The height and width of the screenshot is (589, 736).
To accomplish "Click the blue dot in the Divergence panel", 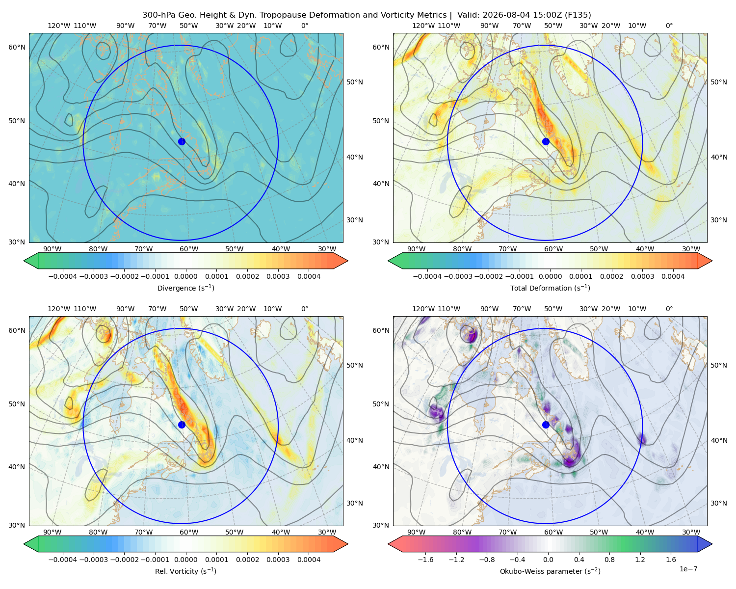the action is click(x=182, y=141).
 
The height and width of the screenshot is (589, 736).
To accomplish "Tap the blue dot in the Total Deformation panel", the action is click(x=546, y=141).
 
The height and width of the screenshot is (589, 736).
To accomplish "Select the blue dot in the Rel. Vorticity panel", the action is click(x=182, y=425).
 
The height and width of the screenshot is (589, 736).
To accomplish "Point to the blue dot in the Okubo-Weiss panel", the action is click(x=546, y=425).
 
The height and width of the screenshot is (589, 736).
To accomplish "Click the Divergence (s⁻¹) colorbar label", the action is click(x=185, y=288).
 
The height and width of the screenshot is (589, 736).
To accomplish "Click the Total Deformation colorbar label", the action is click(x=550, y=288).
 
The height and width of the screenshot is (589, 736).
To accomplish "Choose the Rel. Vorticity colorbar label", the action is click(x=185, y=571).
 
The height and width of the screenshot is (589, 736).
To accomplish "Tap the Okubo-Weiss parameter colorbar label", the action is click(x=550, y=571).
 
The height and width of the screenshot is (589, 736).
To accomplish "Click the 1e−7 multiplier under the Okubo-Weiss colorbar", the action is click(x=688, y=569).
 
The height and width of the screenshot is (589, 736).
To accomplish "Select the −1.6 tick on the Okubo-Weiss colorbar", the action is click(x=425, y=559).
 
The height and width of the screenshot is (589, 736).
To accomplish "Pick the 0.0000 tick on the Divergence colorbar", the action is click(x=185, y=276).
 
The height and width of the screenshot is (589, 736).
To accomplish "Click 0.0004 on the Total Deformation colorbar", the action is click(x=673, y=276).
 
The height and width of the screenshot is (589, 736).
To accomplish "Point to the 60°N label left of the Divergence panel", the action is click(x=17, y=47).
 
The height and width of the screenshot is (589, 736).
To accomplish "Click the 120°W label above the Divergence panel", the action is click(x=59, y=26).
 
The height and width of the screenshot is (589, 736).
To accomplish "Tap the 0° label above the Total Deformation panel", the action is click(x=669, y=26).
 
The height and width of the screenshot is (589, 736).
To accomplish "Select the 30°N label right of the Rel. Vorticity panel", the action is click(x=355, y=503).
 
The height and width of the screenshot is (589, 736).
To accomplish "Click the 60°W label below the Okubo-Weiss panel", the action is click(x=553, y=532).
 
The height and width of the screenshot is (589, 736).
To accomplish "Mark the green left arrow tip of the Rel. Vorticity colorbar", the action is click(x=24, y=544).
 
